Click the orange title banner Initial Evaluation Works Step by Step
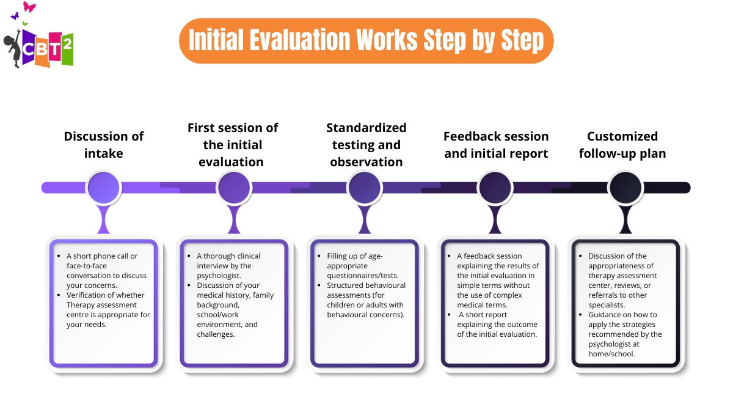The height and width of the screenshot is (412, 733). (366, 40)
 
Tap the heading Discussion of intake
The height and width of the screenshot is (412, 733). (103, 144)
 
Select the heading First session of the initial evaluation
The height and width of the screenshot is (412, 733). (233, 144)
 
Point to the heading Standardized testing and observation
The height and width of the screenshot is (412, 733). (366, 144)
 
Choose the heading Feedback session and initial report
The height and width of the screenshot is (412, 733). (496, 144)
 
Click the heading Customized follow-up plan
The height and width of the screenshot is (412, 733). (622, 144)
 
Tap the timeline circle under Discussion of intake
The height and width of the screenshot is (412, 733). (103, 187)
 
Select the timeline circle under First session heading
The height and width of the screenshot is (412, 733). (234, 187)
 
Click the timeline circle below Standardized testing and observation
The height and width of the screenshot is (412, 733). (365, 187)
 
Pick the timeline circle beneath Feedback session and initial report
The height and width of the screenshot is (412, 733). (495, 187)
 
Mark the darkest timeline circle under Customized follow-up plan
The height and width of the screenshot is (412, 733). (625, 187)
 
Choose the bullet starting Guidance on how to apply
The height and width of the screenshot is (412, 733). (625, 334)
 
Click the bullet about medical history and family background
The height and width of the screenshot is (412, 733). (235, 310)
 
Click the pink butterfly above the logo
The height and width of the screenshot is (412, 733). (29, 7)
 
